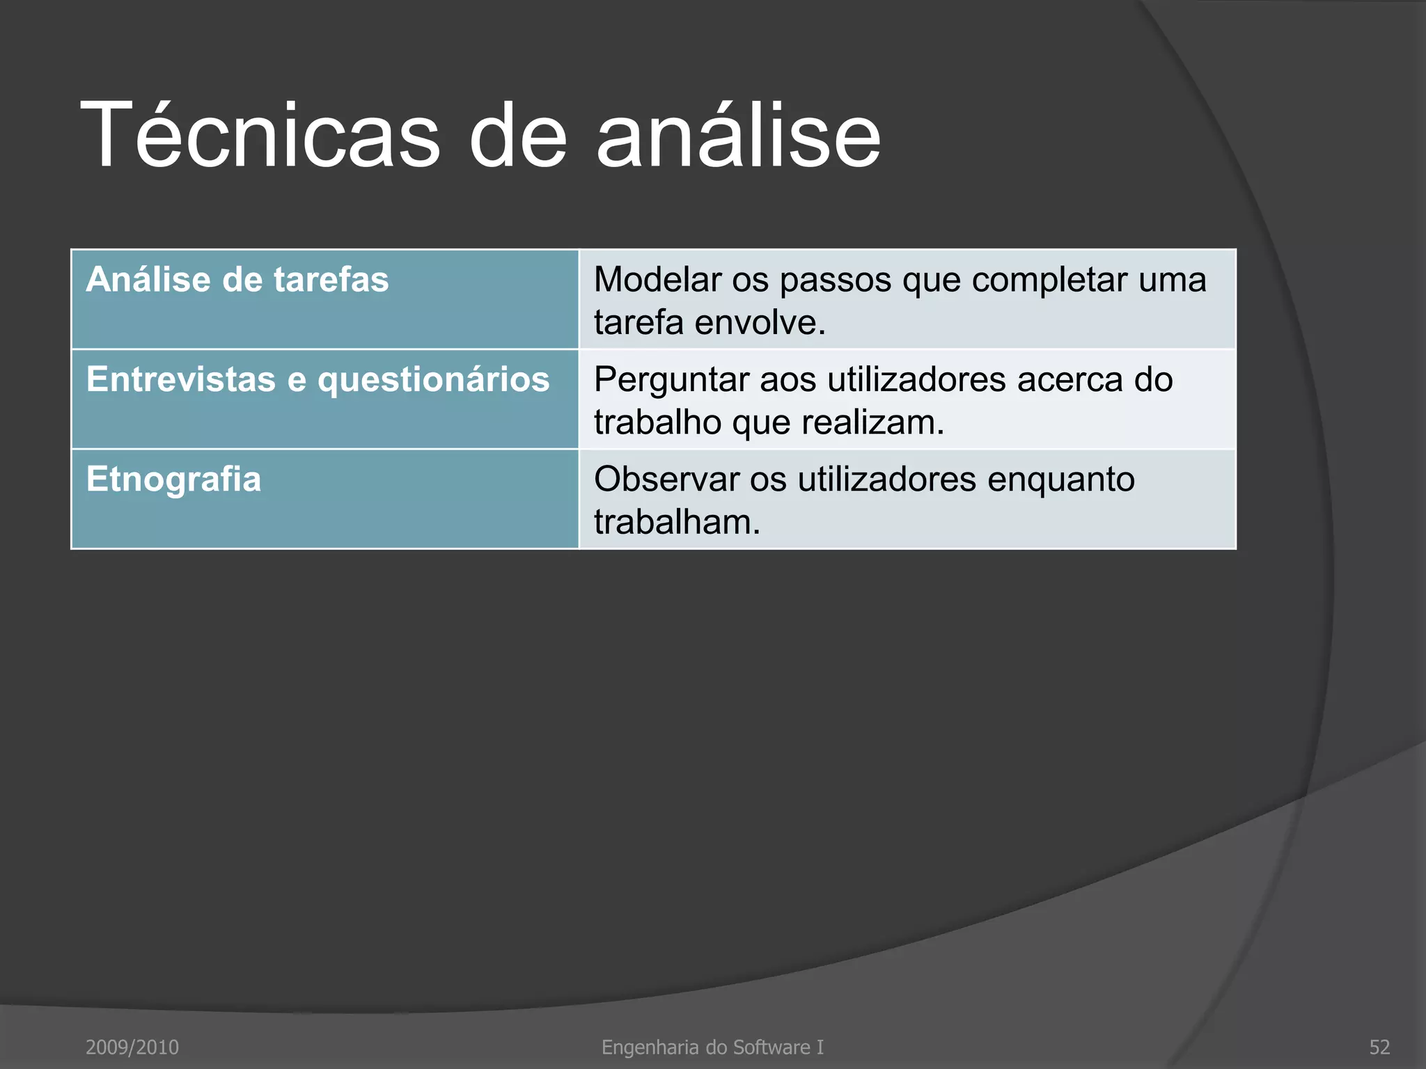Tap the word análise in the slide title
738,136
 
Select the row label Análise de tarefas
237,280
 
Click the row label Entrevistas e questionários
318,380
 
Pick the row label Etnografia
173,480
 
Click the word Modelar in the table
657,280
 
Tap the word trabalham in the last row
677,522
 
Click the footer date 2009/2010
132,1047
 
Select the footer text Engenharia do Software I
712,1047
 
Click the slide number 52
1379,1047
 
